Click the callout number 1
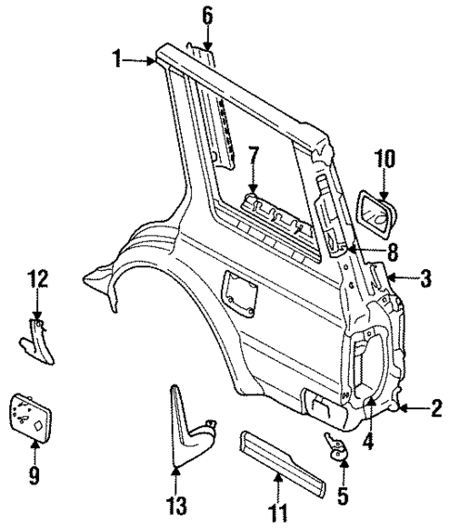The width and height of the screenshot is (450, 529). pos(118,61)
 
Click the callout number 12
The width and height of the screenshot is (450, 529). pos(36,278)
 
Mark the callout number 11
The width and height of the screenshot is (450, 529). pos(276,510)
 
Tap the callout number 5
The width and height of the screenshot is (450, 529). pos(342,497)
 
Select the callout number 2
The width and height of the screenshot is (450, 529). pos(435,407)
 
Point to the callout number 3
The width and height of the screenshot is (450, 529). pos(426,277)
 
